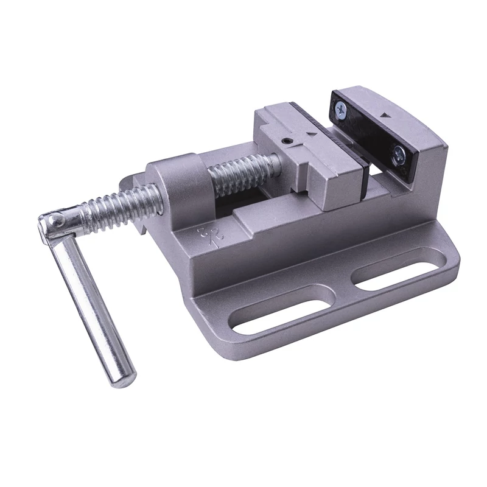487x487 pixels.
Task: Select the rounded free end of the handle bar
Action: click(122, 377)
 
